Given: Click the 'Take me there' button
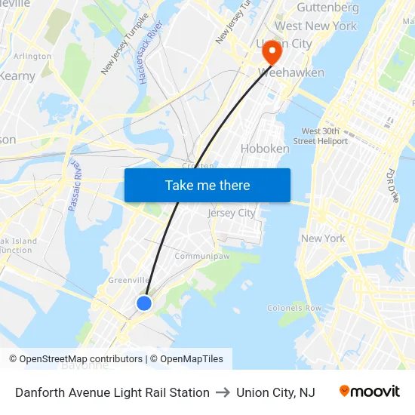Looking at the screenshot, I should pyautogui.click(x=207, y=185).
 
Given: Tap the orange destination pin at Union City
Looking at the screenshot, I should pyautogui.click(x=271, y=51).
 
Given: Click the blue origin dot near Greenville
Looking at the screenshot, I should pyautogui.click(x=144, y=303).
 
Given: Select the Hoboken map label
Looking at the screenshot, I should pyautogui.click(x=265, y=149).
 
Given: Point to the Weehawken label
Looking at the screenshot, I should pyautogui.click(x=291, y=73).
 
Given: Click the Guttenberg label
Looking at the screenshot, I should pyautogui.click(x=327, y=8).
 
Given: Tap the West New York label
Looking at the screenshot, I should pyautogui.click(x=315, y=26).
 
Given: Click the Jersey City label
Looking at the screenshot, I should pyautogui.click(x=232, y=213).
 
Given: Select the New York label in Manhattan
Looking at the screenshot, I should pyautogui.click(x=323, y=238).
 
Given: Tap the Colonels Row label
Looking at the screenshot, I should pyautogui.click(x=294, y=308).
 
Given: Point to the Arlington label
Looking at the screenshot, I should pyautogui.click(x=32, y=57).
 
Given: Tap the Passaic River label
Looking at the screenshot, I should pyautogui.click(x=74, y=186).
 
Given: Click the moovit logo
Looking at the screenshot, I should pyautogui.click(x=370, y=392).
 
